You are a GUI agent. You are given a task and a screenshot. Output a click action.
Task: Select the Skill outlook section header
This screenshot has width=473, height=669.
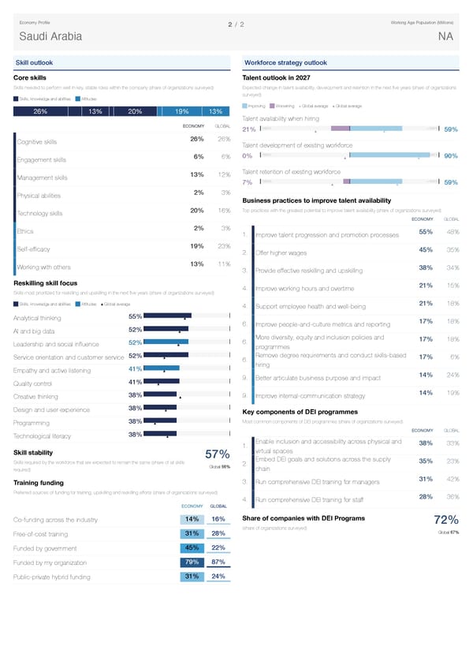point(36,62)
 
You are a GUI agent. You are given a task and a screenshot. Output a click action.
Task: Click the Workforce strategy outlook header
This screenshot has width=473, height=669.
point(286,62)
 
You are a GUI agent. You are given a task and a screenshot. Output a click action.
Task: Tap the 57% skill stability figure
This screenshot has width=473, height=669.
point(217,454)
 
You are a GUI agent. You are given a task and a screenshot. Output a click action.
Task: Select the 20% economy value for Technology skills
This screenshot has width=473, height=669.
point(198,210)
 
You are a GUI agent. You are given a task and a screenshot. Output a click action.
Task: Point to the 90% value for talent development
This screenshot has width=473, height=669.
point(452,156)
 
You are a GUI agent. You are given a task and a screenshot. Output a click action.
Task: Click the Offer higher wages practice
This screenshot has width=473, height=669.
point(281,253)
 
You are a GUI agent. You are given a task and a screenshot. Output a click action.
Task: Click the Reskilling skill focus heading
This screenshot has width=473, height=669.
point(46,283)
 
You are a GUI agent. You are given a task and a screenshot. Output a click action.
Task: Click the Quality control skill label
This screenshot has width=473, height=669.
point(36,383)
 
